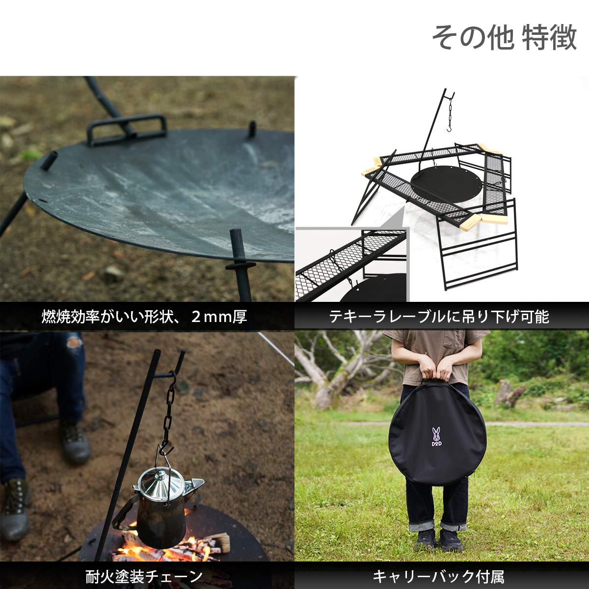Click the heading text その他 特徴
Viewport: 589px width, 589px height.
pyautogui.click(x=504, y=38)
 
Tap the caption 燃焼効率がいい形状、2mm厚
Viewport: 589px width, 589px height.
pyautogui.click(x=144, y=317)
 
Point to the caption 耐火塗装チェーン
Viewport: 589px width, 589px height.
pyautogui.click(x=144, y=575)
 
